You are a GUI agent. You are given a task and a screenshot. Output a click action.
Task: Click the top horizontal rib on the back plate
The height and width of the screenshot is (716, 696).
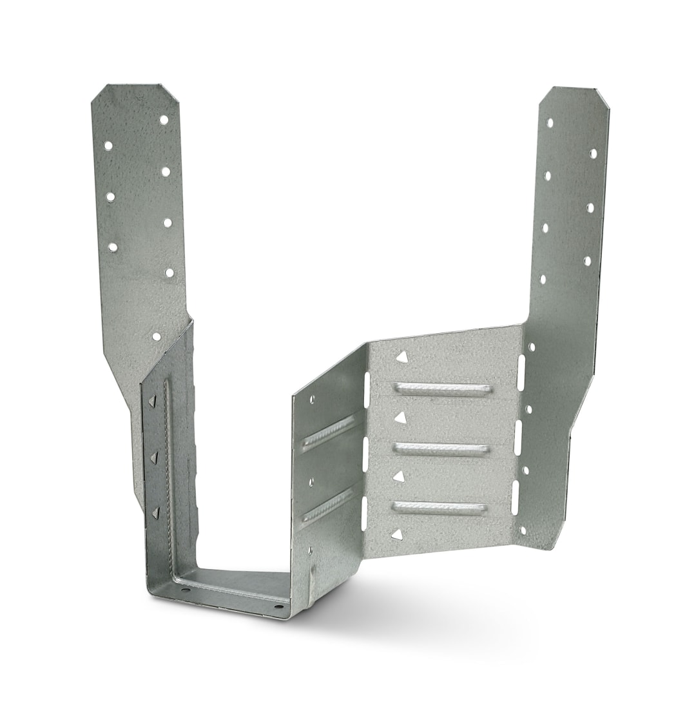(443, 389)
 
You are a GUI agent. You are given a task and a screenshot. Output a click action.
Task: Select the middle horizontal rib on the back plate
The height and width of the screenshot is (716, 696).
(441, 449)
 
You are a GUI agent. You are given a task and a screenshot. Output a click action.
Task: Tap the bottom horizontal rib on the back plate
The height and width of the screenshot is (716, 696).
(440, 508)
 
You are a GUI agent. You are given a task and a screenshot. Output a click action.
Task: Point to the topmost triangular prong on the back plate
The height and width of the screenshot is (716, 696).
(401, 357)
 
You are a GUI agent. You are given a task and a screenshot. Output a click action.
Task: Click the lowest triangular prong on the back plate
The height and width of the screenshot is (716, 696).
(398, 534)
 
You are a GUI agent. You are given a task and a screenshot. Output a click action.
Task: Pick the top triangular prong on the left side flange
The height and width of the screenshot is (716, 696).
(152, 401)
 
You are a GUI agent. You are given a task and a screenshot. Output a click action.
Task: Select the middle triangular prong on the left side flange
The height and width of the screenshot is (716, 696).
(153, 457)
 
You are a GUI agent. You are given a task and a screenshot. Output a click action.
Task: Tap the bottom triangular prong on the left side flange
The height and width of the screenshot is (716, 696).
(155, 513)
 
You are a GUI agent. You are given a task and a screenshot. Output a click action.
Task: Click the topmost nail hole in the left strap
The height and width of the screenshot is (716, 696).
(164, 120)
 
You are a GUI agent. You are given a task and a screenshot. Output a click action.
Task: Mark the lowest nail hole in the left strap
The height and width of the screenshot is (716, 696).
(156, 336)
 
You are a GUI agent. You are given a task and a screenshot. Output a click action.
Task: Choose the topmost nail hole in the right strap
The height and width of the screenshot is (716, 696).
(550, 122)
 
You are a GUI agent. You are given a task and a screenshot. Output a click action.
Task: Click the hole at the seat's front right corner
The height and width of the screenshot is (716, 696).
(278, 606)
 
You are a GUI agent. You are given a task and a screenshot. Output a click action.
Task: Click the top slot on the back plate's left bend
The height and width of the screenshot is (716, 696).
(367, 389)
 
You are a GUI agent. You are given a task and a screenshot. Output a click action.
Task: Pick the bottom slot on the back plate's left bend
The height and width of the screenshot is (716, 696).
(364, 513)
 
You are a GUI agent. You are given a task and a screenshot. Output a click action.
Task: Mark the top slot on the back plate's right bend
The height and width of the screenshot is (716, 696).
(521, 372)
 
